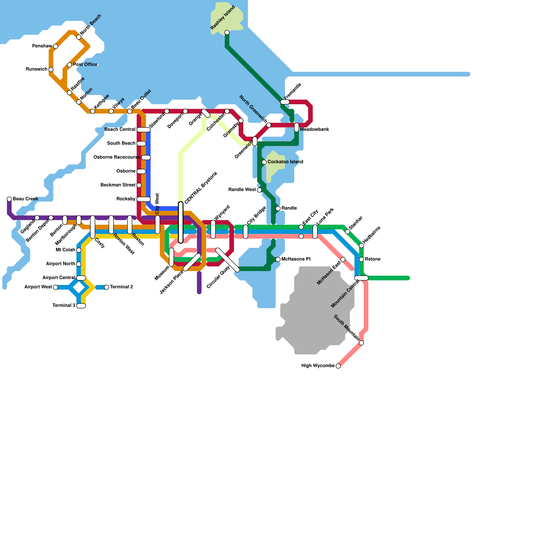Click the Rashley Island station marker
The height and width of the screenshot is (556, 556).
[x=227, y=33]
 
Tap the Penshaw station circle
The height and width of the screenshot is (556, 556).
[x=56, y=46]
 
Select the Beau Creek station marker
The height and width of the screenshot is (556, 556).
[x=9, y=199]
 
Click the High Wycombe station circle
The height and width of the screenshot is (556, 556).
[x=338, y=366]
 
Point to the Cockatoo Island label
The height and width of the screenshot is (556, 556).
[x=285, y=162]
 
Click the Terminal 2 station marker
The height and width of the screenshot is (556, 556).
[x=107, y=287]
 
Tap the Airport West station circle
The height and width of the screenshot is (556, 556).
[x=56, y=287]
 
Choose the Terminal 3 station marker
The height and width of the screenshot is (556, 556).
[x=81, y=306]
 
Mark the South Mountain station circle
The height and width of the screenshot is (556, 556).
[x=361, y=343]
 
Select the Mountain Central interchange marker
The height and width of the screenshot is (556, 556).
[x=361, y=278]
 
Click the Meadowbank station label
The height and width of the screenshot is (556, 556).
[x=314, y=130]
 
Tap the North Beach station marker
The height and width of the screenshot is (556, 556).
[x=79, y=37]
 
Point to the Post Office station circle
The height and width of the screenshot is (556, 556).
[x=69, y=65]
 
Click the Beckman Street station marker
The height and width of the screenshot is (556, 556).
[x=139, y=185]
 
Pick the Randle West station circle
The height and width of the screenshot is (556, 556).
[x=259, y=190]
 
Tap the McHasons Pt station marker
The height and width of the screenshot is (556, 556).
[x=278, y=259]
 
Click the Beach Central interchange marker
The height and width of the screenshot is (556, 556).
[x=144, y=130]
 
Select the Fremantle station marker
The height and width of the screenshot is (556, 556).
[x=285, y=102]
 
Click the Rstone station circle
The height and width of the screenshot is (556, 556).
[x=361, y=259]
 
